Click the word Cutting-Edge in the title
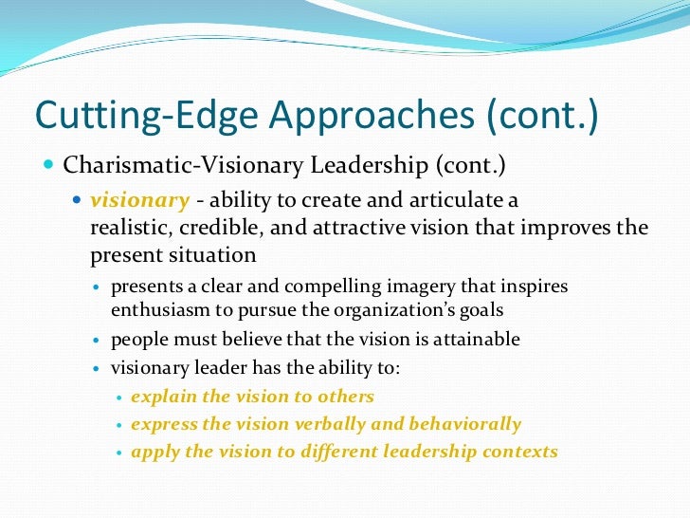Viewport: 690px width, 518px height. point(120,117)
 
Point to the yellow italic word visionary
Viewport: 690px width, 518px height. point(139,201)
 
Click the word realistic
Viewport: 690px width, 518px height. point(130,229)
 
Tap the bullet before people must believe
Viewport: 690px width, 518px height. point(98,340)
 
